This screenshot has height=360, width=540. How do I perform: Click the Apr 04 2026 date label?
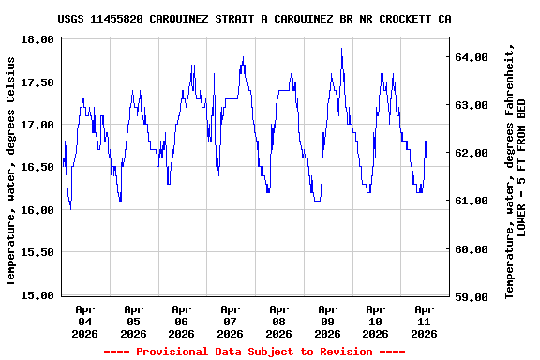(85, 321)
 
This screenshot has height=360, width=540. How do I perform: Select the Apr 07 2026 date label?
(231, 321)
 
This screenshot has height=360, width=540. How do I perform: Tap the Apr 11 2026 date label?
(425, 321)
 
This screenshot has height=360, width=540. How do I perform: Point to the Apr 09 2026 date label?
(327, 321)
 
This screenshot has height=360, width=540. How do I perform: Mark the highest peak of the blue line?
(341, 48)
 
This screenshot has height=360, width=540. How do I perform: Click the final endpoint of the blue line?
(427, 133)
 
